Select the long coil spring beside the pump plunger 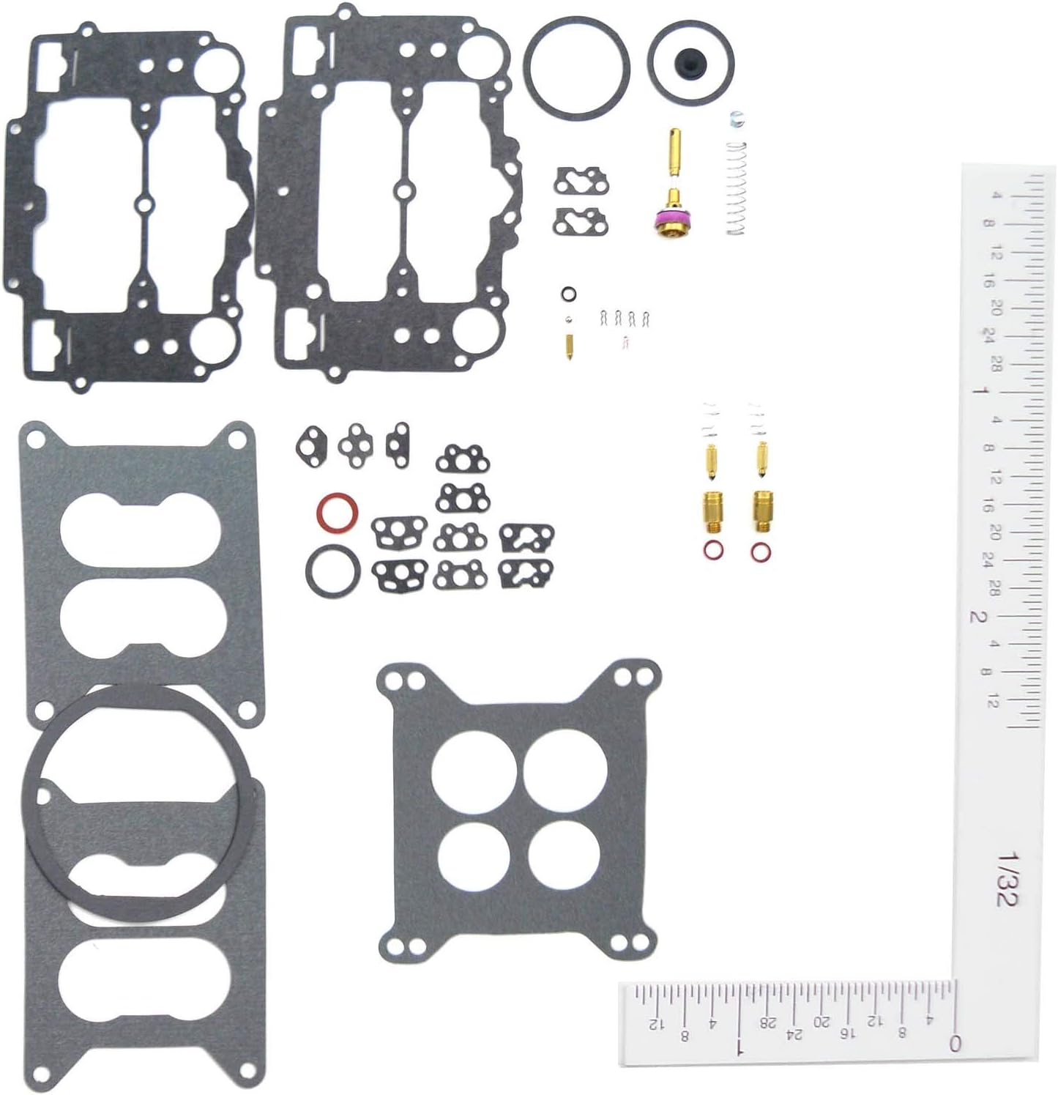(x=735, y=188)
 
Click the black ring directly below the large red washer (x=332, y=571)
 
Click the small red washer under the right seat (x=761, y=552)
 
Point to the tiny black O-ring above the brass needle (x=568, y=294)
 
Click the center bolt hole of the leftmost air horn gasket (x=145, y=204)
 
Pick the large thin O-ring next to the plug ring (x=577, y=67)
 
